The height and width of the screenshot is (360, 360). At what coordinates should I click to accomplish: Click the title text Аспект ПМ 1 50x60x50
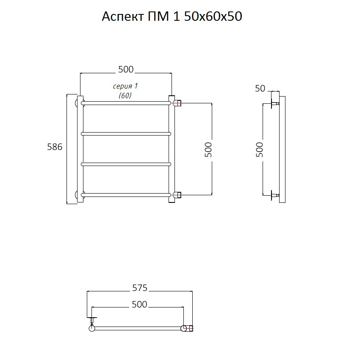point(172,17)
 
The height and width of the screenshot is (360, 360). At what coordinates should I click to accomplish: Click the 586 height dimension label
point(55,147)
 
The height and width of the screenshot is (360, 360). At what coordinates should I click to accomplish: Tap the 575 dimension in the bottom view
point(140,288)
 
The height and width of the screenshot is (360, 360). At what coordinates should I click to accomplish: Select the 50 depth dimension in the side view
point(260,89)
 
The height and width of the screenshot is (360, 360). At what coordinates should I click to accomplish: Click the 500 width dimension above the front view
point(126,69)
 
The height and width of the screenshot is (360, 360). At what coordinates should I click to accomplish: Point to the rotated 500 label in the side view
point(260,150)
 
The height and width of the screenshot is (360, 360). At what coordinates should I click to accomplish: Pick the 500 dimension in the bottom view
point(139,305)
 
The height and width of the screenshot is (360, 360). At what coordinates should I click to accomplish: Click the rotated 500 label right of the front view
point(208,150)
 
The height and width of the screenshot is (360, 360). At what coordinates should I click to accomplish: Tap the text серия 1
point(125,86)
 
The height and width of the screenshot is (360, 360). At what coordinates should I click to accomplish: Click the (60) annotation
point(125,95)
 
